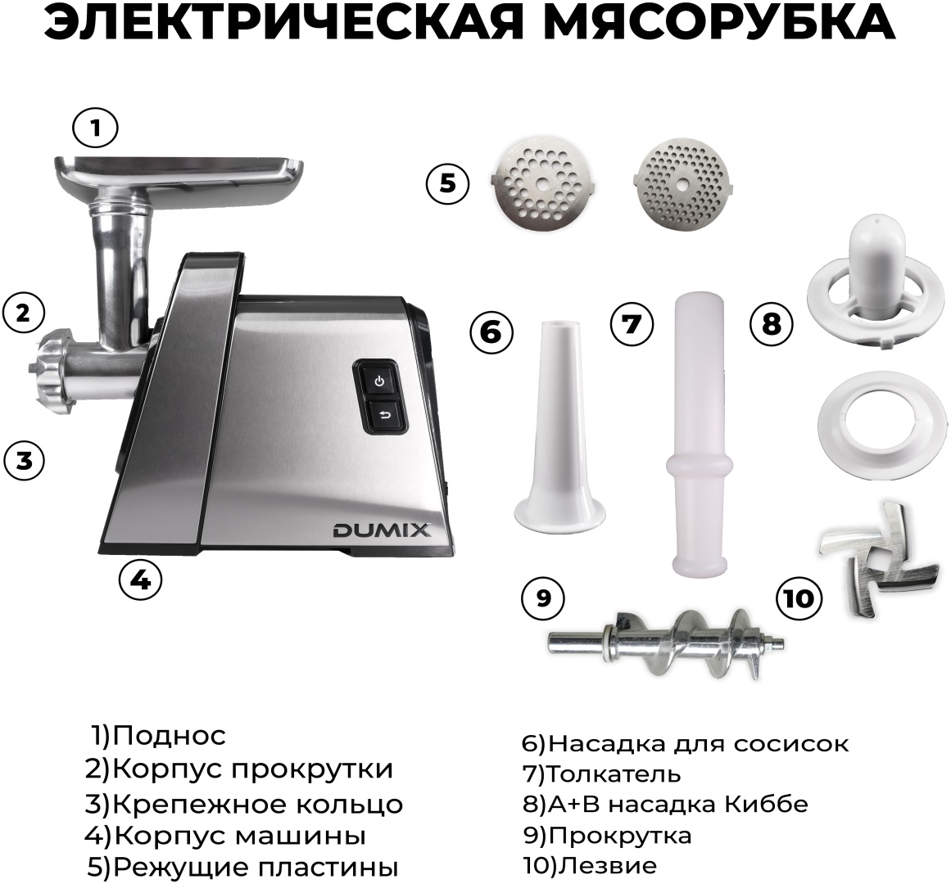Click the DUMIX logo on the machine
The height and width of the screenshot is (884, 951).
(382, 530)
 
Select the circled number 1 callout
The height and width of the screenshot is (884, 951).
(95, 128)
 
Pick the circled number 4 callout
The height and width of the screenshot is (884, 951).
(140, 580)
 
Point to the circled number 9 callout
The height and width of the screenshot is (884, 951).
(543, 598)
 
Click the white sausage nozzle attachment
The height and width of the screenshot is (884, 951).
(559, 424)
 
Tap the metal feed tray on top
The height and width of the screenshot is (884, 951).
(180, 176)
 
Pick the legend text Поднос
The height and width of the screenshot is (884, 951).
(170, 736)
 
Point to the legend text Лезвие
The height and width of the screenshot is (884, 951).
(607, 865)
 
